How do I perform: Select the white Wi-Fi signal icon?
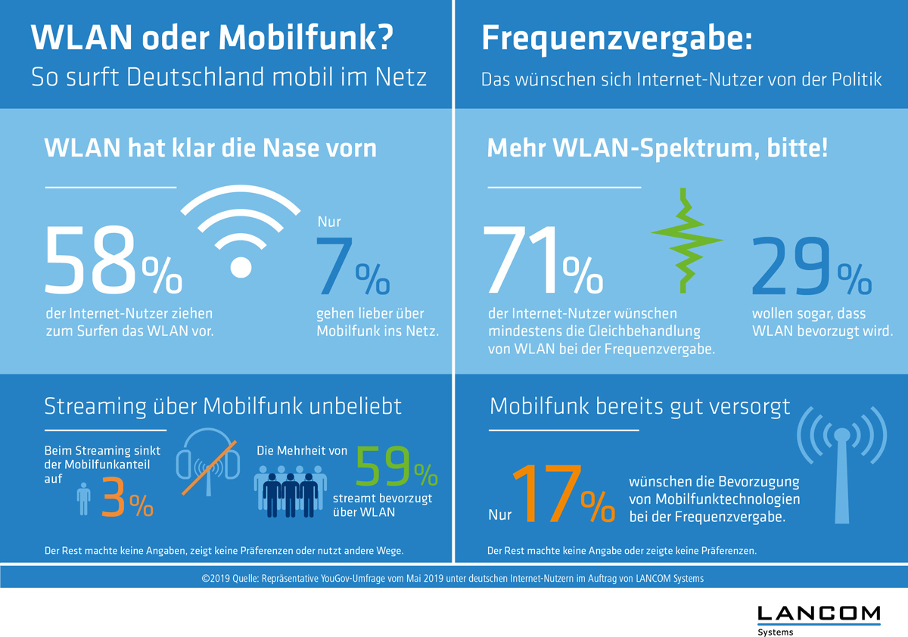[x=241, y=230]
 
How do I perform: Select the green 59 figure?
[x=385, y=466]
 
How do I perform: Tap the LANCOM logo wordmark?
[x=819, y=612]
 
